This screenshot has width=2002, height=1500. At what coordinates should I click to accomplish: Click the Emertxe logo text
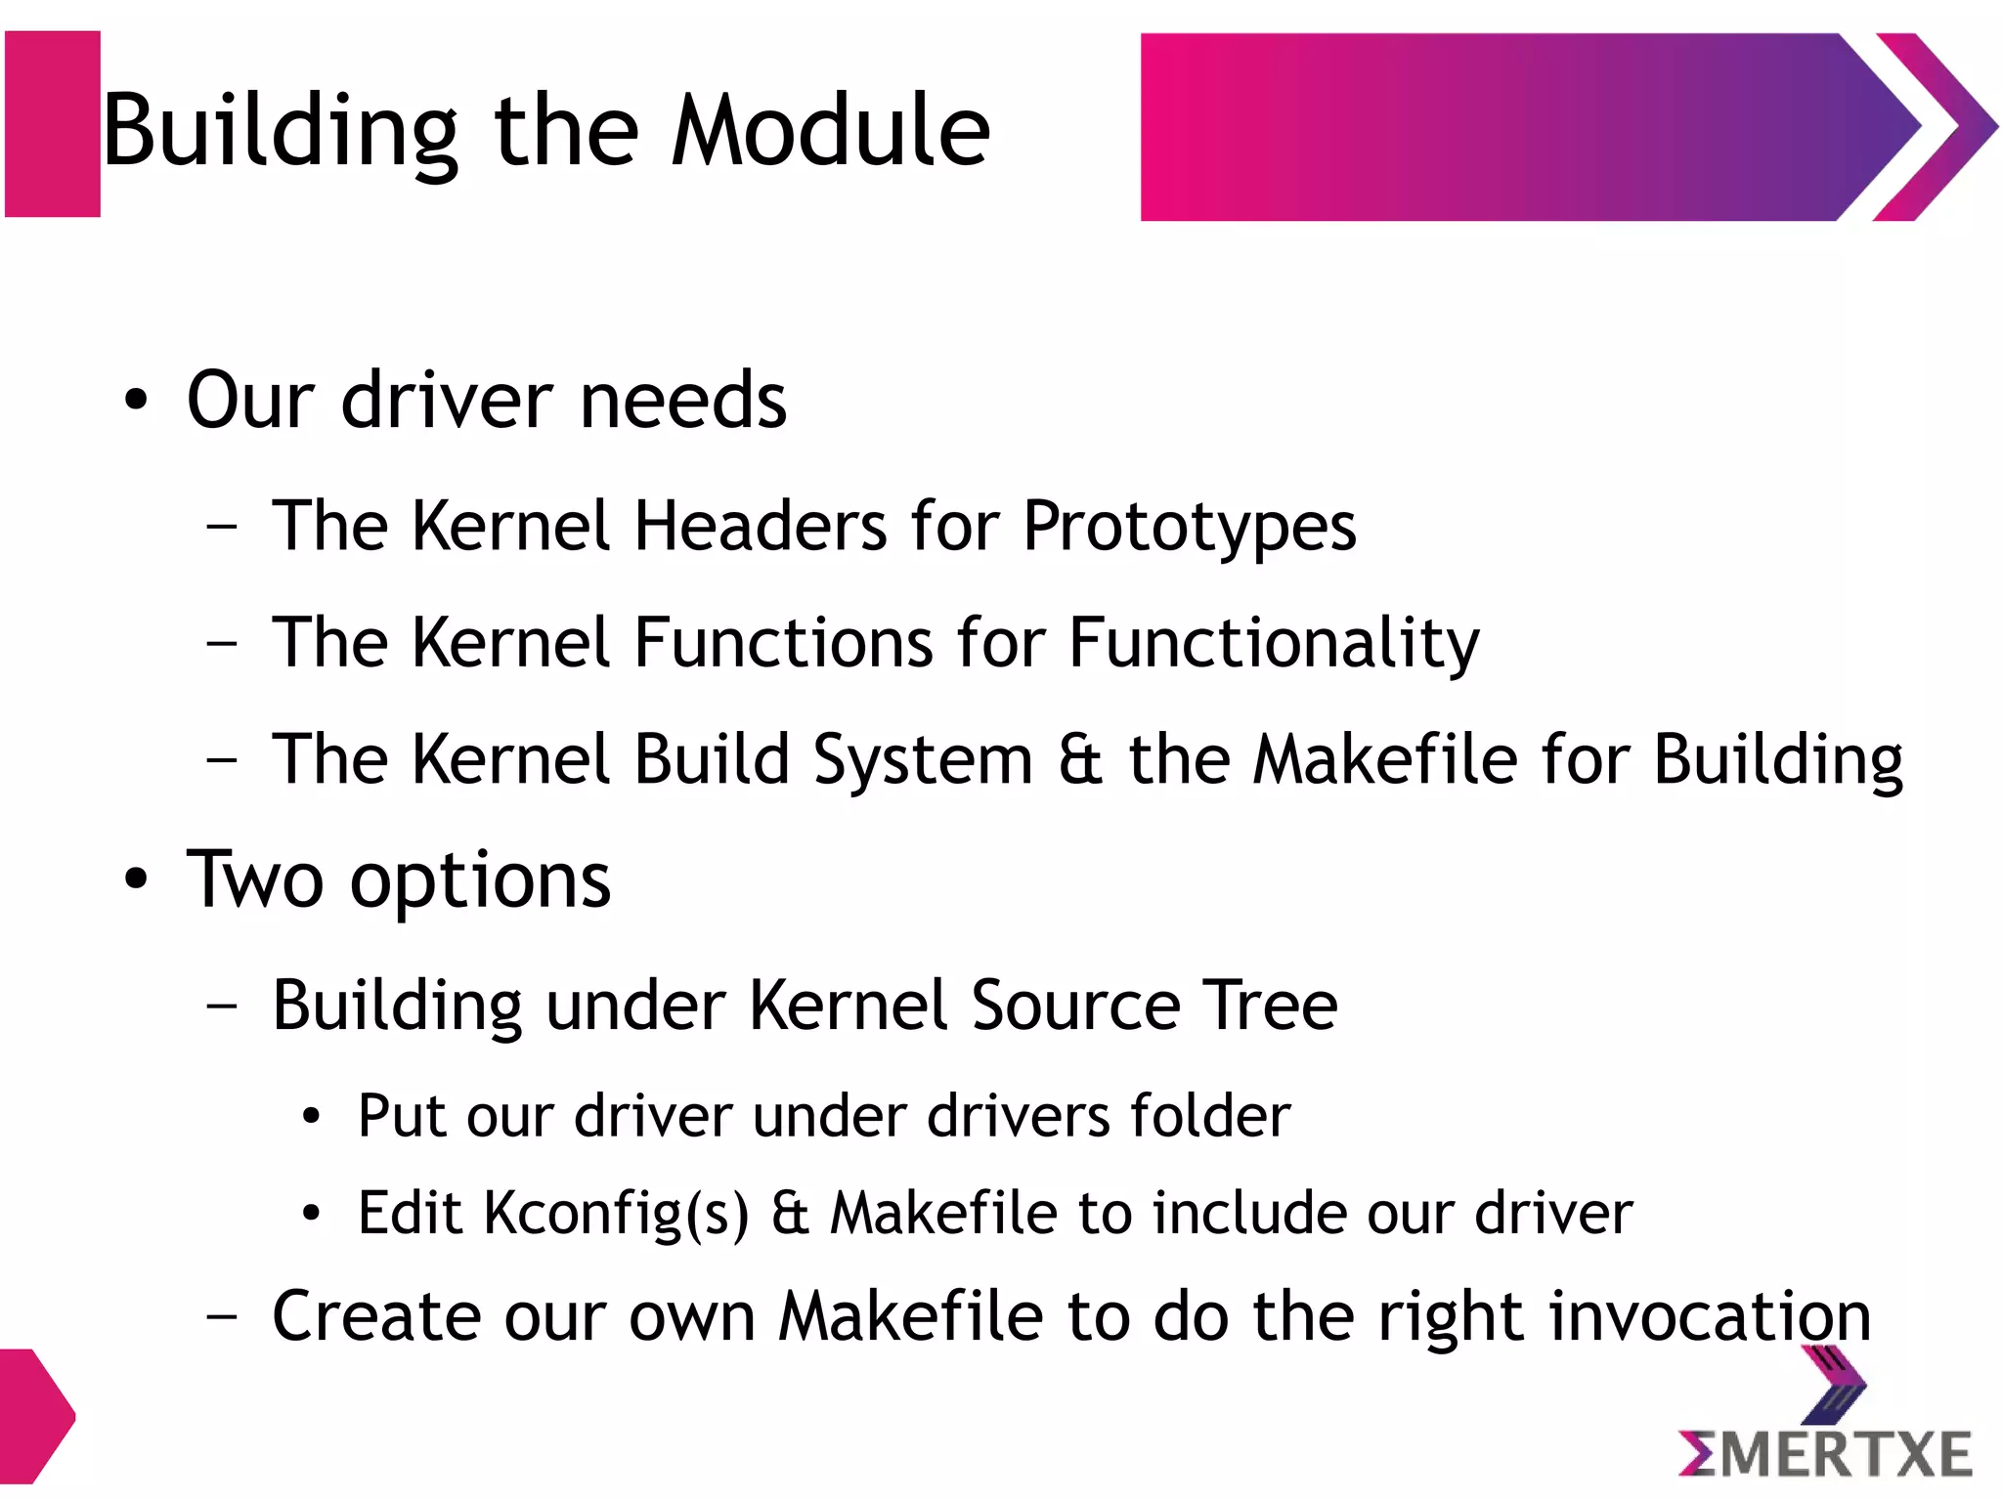pos(1826,1454)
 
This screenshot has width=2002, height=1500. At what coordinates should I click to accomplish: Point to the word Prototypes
pos(1189,529)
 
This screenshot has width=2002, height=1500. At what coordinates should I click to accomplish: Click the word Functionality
pos(1274,644)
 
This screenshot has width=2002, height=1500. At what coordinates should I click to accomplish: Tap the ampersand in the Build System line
pos(1080,760)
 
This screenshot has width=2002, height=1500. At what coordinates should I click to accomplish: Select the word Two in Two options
pos(254,879)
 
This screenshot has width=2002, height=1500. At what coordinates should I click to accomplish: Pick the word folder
pos(1210,1115)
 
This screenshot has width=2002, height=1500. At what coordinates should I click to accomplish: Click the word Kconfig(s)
pos(616,1215)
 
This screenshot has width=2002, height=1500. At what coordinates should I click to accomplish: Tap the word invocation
pos(1710,1316)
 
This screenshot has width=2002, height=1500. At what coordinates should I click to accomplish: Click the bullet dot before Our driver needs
pos(136,401)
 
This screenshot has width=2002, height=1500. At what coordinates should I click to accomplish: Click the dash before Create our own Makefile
pos(222,1316)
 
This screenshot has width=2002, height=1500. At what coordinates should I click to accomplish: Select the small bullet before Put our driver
pos(311,1117)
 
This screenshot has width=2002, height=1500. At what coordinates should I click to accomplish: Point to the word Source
pos(1076,1006)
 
